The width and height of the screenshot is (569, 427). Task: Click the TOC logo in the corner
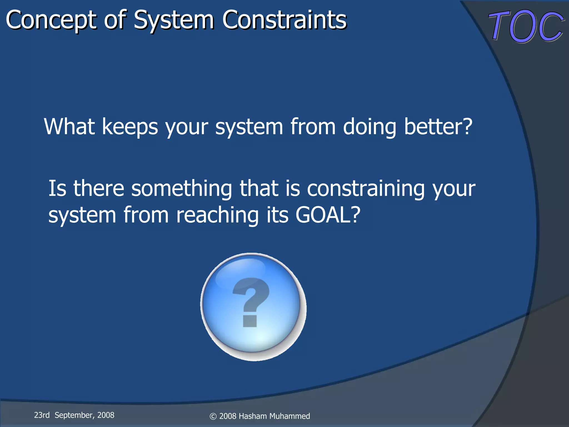click(x=526, y=26)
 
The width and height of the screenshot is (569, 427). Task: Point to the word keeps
click(x=130, y=127)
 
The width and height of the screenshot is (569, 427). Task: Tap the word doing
click(x=370, y=127)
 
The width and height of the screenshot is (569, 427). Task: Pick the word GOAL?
click(x=328, y=215)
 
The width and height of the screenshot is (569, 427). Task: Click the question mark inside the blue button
click(x=250, y=302)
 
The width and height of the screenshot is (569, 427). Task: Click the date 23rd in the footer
click(x=42, y=415)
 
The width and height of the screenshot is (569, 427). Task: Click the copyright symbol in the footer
click(x=213, y=416)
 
